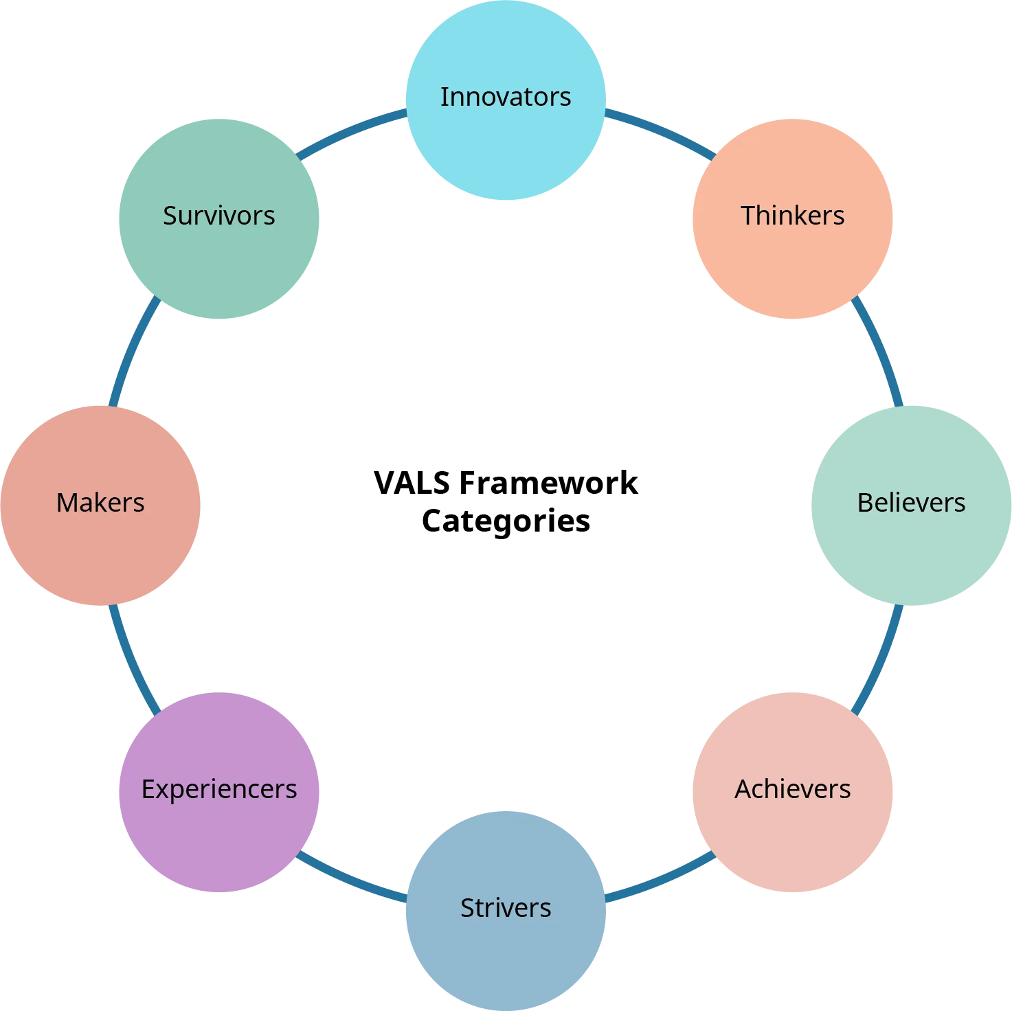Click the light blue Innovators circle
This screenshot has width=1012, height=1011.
506,130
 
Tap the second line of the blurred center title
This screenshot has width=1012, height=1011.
506,520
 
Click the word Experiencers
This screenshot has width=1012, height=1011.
219,789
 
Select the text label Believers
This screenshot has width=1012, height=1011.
911,503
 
